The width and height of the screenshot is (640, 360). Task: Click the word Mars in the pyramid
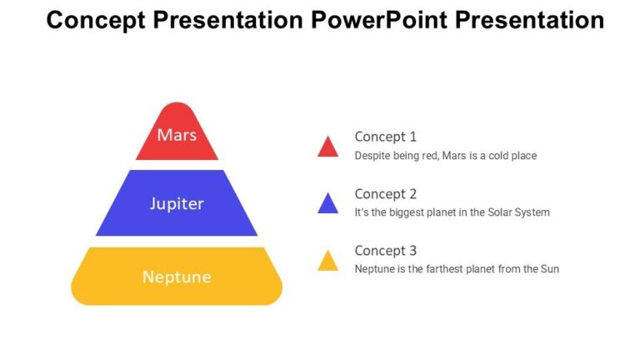click(177, 134)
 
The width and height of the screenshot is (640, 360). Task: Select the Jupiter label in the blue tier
click(177, 203)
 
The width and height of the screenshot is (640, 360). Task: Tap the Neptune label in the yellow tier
click(177, 277)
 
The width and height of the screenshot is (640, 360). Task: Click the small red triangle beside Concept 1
click(327, 147)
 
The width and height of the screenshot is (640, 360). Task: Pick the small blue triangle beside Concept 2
click(327, 204)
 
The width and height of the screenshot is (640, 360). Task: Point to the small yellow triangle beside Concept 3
click(327, 262)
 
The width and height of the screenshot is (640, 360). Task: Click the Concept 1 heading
click(385, 137)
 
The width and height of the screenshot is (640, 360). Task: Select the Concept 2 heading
click(385, 194)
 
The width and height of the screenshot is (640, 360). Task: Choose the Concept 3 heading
click(385, 251)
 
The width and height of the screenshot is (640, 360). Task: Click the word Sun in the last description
click(549, 269)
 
